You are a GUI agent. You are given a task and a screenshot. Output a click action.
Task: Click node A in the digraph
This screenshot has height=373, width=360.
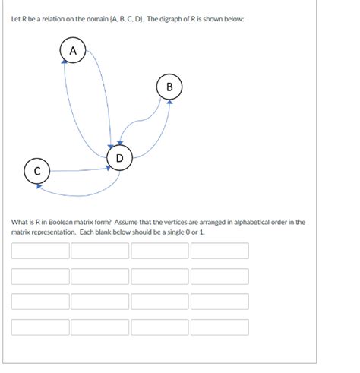coord(72,50)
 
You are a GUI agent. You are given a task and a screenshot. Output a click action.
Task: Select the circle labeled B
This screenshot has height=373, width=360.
coord(169,87)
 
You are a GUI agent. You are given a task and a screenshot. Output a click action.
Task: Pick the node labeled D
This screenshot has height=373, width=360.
coord(119,158)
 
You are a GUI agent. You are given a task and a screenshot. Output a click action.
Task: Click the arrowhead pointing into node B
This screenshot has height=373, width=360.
coord(169,103)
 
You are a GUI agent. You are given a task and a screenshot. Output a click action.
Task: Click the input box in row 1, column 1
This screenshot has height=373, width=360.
coord(40,251)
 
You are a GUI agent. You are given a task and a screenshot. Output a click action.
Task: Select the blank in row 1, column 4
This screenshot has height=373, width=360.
coord(219,251)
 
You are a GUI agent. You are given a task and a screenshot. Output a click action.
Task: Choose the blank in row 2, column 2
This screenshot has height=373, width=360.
coord(100,277)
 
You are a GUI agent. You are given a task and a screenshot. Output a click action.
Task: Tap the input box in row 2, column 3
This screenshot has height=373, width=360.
coord(159,277)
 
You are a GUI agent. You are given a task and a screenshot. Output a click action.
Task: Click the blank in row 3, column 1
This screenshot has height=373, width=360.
coord(40,302)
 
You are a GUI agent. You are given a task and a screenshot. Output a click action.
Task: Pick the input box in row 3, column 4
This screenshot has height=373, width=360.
coord(219,302)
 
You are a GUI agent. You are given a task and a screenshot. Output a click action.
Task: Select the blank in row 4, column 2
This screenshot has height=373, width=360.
coord(100,327)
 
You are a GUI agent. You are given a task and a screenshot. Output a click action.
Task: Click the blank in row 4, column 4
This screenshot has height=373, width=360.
coord(219,327)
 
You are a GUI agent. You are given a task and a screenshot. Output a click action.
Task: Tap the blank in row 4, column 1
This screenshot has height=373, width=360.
coord(40,327)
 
